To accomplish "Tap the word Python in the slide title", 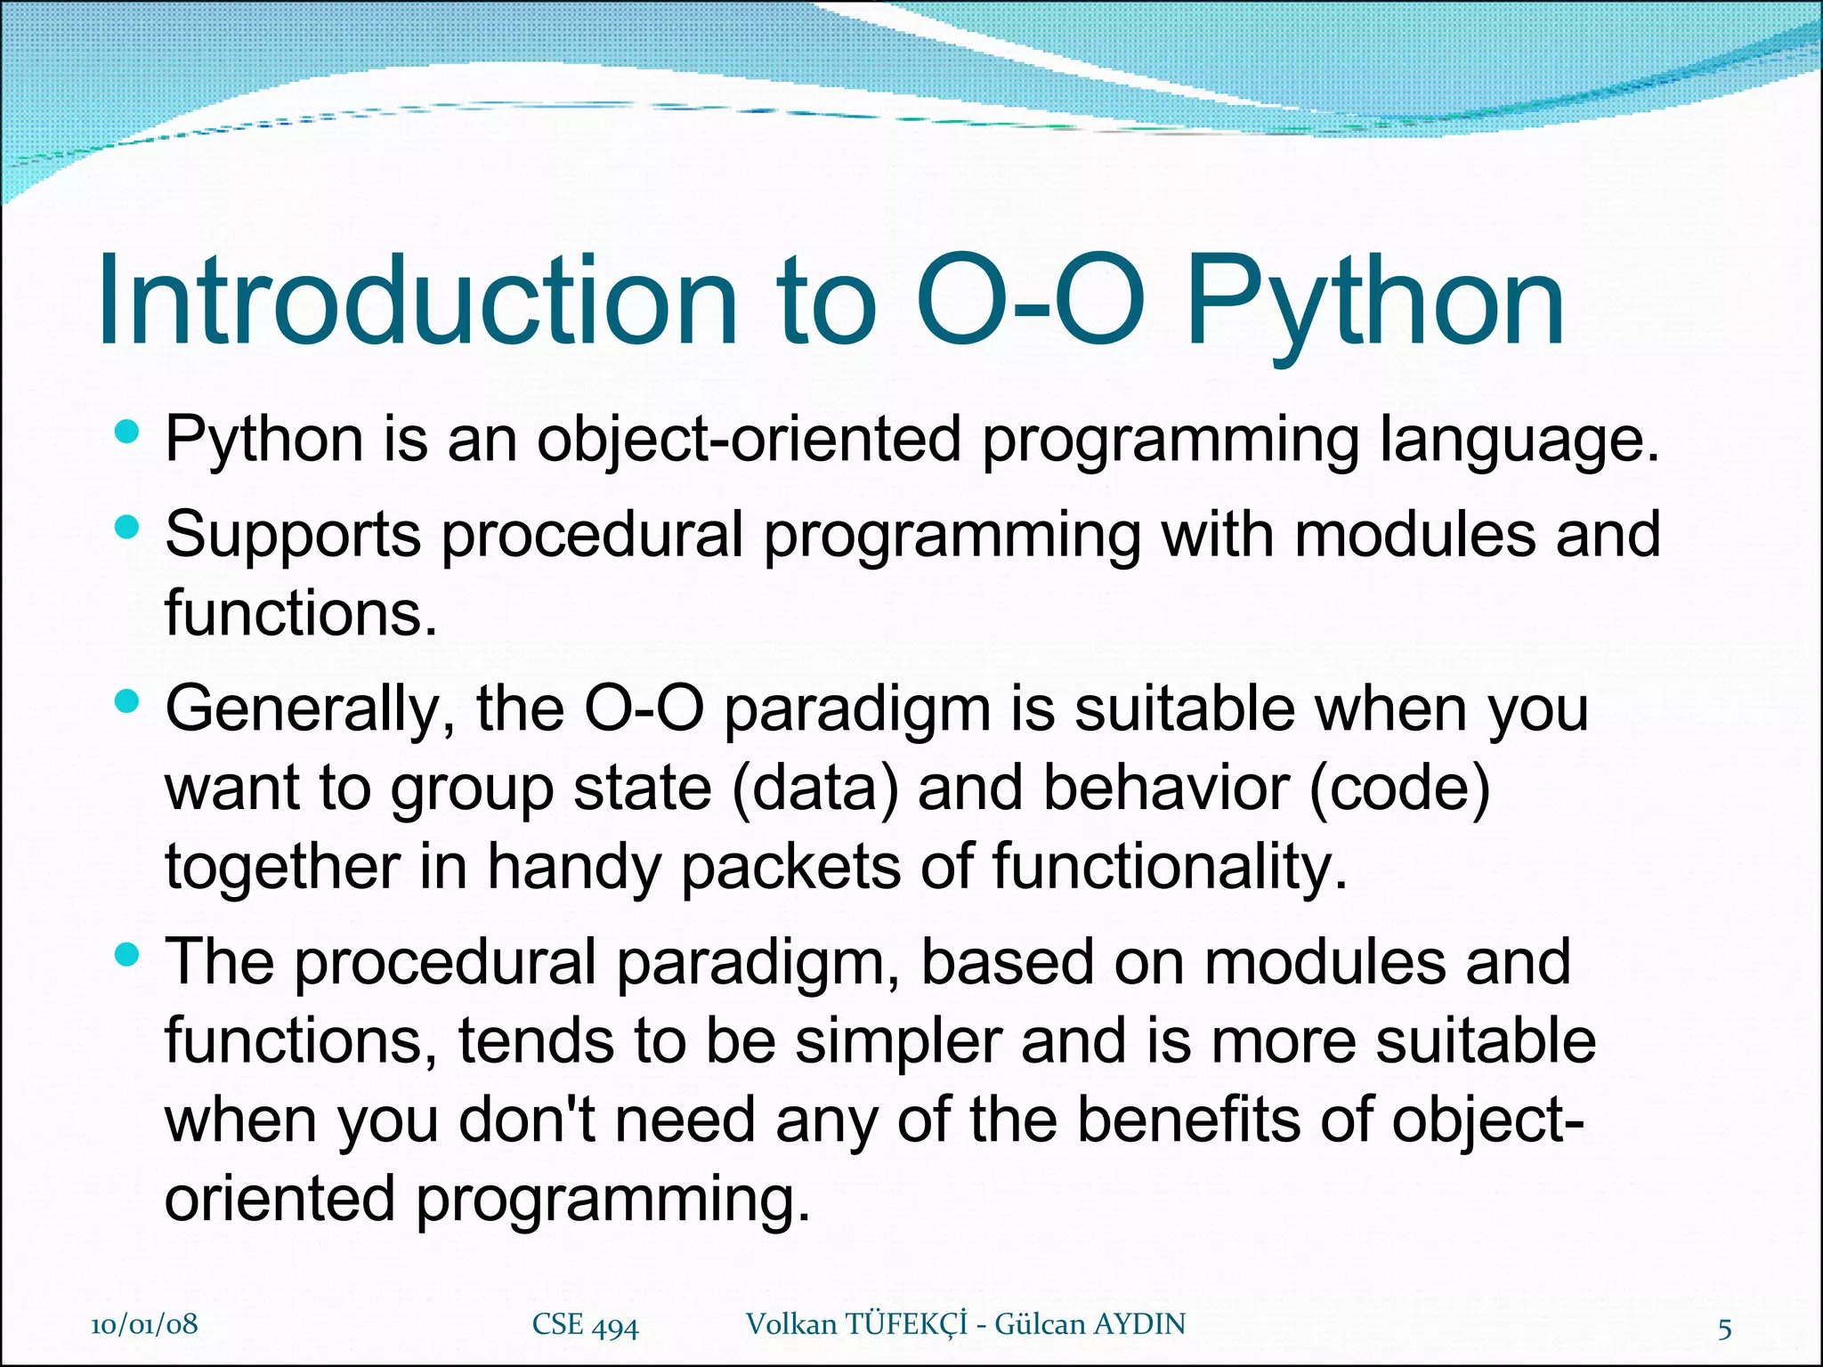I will coord(1375,303).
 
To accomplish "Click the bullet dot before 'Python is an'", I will coord(128,433).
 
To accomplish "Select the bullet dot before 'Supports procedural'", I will coord(128,528).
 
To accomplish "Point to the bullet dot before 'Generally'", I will coord(128,703).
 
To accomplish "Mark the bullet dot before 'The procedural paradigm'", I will coord(128,957).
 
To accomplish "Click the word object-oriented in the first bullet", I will coord(749,440).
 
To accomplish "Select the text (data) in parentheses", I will coord(815,789).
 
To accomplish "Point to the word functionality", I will coord(1170,867).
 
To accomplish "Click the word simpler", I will coord(898,1041).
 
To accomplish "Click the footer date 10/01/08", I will coord(144,1324).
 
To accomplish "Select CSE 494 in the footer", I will coord(585,1325).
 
